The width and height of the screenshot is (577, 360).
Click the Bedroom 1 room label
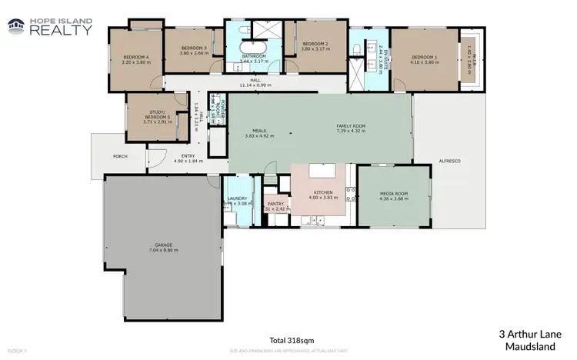pos(425,58)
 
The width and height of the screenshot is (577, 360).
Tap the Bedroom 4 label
pos(135,58)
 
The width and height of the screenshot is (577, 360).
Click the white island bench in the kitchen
pos(322,172)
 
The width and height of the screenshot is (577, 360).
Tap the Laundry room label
pos(237,198)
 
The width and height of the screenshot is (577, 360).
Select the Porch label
pos(119,156)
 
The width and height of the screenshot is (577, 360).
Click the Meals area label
pos(260,131)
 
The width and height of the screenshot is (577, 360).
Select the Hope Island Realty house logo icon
pos(15,28)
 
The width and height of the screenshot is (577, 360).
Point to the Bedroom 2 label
pos(315,44)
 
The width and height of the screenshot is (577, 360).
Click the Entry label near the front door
pos(188,156)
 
